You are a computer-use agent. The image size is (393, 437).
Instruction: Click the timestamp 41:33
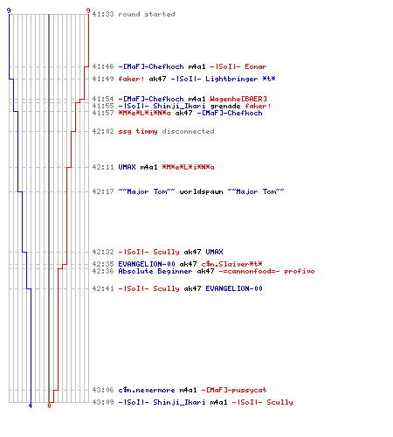tap(103, 14)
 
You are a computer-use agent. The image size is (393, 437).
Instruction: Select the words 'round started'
tap(147, 14)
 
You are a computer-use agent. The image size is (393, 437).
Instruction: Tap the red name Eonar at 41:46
tap(256, 66)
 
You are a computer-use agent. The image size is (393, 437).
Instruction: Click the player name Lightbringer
tap(231, 79)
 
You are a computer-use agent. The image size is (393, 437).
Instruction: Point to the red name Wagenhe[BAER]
tap(238, 99)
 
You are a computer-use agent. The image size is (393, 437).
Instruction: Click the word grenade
tap(225, 106)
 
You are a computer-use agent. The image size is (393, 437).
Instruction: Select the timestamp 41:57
tap(103, 113)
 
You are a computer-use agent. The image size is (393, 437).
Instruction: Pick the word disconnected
tap(188, 131)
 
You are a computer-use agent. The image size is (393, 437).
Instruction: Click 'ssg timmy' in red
tap(138, 131)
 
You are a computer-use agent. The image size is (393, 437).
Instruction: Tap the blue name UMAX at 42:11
tap(127, 167)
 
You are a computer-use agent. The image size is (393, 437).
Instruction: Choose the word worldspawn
tap(201, 191)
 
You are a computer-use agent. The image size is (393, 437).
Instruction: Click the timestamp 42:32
tap(103, 252)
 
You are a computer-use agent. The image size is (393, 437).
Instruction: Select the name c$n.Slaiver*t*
tap(231, 264)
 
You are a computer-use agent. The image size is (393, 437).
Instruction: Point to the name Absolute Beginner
tap(155, 271)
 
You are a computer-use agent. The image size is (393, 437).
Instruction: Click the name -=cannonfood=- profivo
tap(266, 271)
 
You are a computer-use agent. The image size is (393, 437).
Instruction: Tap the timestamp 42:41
tap(103, 288)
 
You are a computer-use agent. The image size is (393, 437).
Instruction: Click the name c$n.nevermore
tap(147, 390)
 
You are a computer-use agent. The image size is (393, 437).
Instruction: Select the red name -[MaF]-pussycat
tap(234, 390)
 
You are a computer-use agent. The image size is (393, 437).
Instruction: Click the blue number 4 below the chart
tap(31, 406)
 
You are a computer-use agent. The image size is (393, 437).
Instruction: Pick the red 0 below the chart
tap(49, 406)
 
